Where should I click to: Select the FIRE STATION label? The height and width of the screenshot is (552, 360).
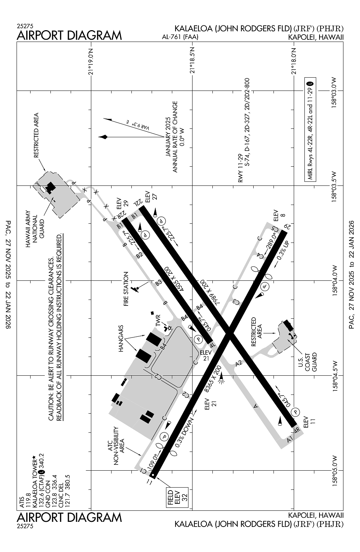[x=126, y=289]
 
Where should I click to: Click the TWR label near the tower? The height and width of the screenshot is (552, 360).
[x=158, y=321]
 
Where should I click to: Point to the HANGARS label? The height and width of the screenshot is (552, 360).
[x=121, y=339]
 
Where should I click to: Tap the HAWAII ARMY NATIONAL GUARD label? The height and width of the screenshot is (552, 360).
[x=35, y=229]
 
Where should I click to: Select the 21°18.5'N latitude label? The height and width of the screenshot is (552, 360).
[x=192, y=60]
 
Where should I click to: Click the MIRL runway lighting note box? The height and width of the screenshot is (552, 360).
[x=310, y=130]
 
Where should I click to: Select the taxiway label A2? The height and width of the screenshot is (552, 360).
[x=239, y=363]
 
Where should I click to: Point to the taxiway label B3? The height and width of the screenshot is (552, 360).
[x=159, y=282]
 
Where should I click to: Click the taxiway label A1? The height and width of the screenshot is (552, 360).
[x=290, y=439]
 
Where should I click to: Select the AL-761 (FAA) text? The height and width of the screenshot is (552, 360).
[x=180, y=37]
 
